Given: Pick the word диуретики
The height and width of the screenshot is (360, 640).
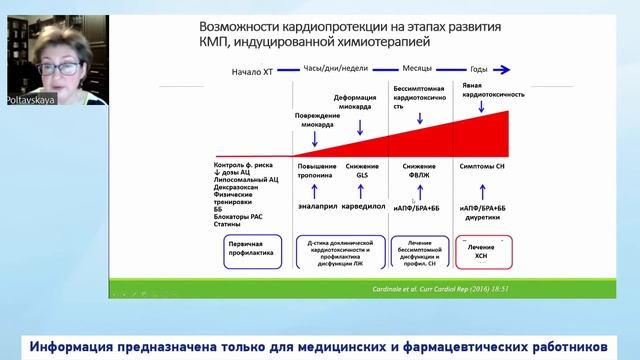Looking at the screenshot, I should (x=483, y=217).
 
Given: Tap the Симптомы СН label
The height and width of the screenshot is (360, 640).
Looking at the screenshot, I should (x=483, y=164).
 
